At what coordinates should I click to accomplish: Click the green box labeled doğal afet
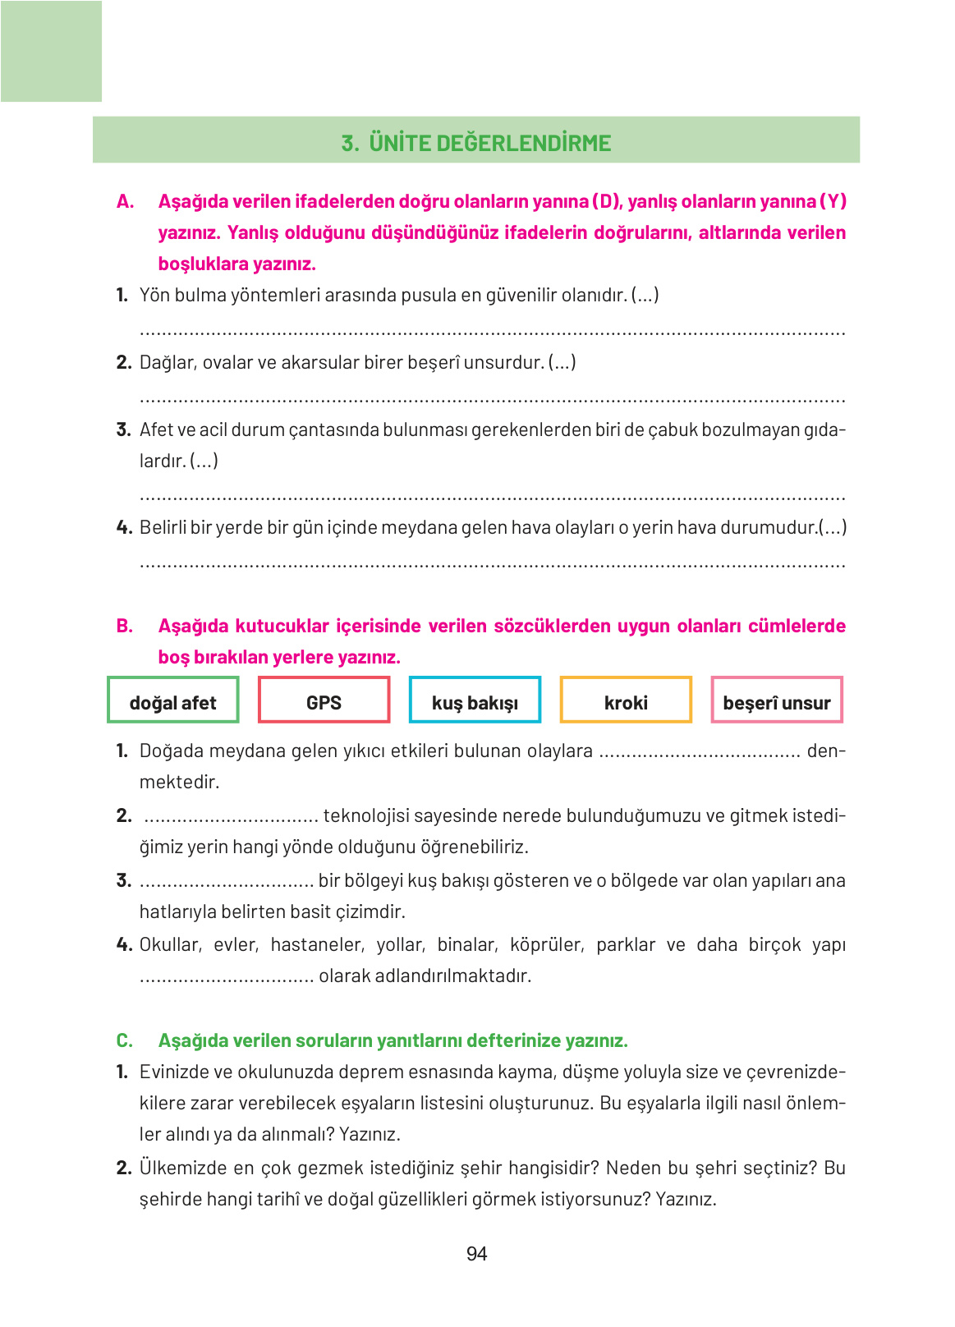tap(172, 700)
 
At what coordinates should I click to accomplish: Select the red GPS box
tap(324, 700)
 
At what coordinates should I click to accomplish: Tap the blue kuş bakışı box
tap(475, 700)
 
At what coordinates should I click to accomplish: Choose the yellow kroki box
tap(626, 700)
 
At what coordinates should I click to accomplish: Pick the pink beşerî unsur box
tap(777, 700)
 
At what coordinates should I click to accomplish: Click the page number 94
tap(476, 1254)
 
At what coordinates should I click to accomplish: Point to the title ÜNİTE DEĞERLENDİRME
tap(489, 143)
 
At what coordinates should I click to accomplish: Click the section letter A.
tap(125, 202)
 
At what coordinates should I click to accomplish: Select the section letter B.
tap(125, 627)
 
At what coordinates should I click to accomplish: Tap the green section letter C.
tap(125, 1041)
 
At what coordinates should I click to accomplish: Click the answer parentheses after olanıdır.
tap(645, 296)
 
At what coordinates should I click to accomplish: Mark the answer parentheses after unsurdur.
tap(562, 363)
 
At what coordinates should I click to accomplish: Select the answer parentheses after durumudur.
tap(833, 528)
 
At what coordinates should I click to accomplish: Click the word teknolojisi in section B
tap(365, 816)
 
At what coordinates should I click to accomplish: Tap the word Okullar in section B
tap(169, 945)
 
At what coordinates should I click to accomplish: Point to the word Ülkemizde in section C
tap(179, 1169)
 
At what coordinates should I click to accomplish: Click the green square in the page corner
tap(51, 51)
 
